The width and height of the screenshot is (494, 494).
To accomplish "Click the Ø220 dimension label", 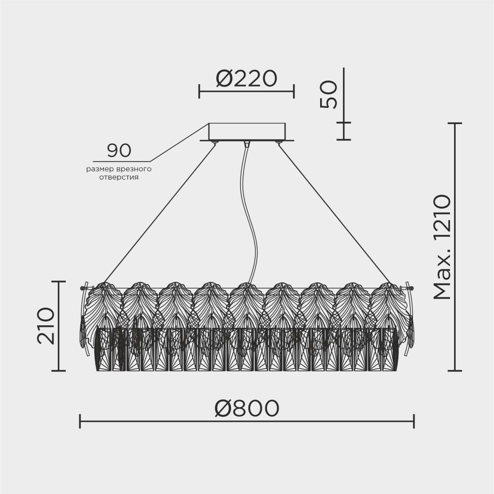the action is point(247,79).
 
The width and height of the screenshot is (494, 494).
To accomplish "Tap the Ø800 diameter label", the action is point(247,408).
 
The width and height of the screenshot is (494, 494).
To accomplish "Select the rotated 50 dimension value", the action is point(329,94).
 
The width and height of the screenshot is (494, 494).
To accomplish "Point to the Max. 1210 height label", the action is point(443,247).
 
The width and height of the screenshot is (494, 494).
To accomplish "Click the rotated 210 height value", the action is point(46,325).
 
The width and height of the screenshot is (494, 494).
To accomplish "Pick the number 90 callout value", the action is point(119,150).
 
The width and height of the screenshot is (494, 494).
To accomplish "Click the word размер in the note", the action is point(98,170).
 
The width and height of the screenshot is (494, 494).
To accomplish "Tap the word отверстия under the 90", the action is point(119,178).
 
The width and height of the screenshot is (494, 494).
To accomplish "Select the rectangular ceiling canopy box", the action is point(247,132).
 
